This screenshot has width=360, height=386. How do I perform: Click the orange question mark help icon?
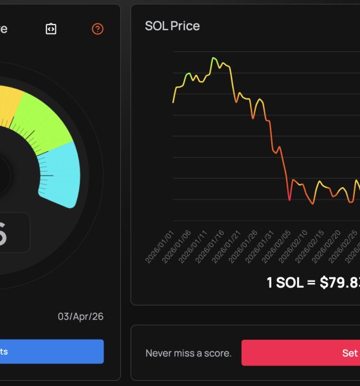[x=98, y=29]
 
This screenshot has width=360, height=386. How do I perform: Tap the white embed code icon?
[x=51, y=29]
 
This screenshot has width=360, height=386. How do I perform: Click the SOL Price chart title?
[x=172, y=26]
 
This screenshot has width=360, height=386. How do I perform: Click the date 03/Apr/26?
[x=80, y=316]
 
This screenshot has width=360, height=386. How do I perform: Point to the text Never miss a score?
[x=188, y=353]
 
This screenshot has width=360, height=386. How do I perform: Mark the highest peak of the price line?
[x=213, y=58]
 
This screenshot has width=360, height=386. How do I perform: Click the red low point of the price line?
[x=289, y=200]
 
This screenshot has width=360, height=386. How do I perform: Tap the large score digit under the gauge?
[x=3, y=236]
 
